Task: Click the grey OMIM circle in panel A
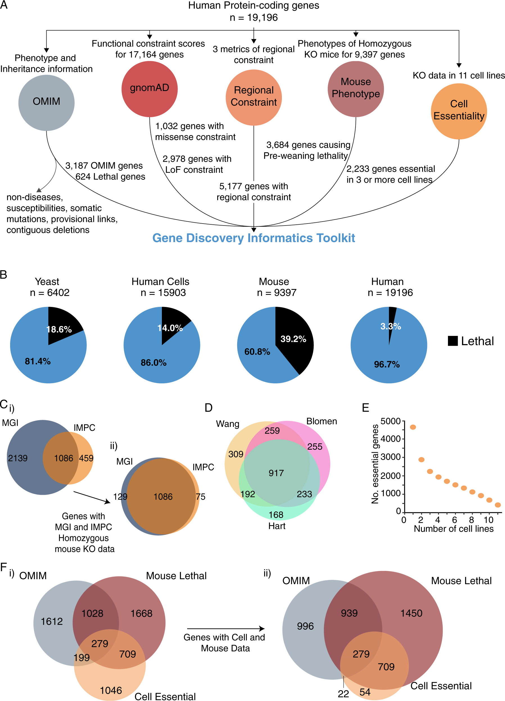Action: pos(46,103)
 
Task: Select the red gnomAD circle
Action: pos(150,89)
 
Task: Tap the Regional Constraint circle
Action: pos(253,97)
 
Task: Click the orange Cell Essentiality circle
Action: pos(459,111)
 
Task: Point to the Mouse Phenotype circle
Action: pos(355,89)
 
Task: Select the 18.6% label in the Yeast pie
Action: pos(59,329)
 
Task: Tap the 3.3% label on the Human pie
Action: pos(391,326)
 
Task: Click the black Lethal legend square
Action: pos(453,341)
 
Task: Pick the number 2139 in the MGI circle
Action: pos(18,458)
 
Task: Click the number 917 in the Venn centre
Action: pos(276,473)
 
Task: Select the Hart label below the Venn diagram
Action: pos(277,526)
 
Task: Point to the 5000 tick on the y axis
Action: pos(391,421)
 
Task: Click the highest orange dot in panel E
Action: pos(413,427)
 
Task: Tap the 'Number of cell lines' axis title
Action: pos(453,529)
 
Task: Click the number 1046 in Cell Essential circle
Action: pos(111,691)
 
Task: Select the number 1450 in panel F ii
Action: pos(411,613)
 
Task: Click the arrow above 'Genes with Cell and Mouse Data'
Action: pos(226,629)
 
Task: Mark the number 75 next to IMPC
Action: pos(200,497)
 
